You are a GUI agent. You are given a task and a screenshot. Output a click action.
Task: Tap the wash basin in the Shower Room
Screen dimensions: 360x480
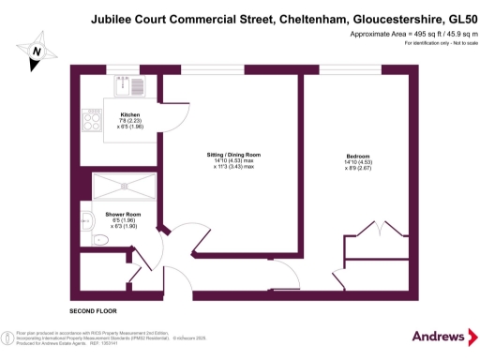click(86, 222)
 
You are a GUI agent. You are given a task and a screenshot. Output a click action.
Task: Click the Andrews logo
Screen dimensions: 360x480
click(439, 336)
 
